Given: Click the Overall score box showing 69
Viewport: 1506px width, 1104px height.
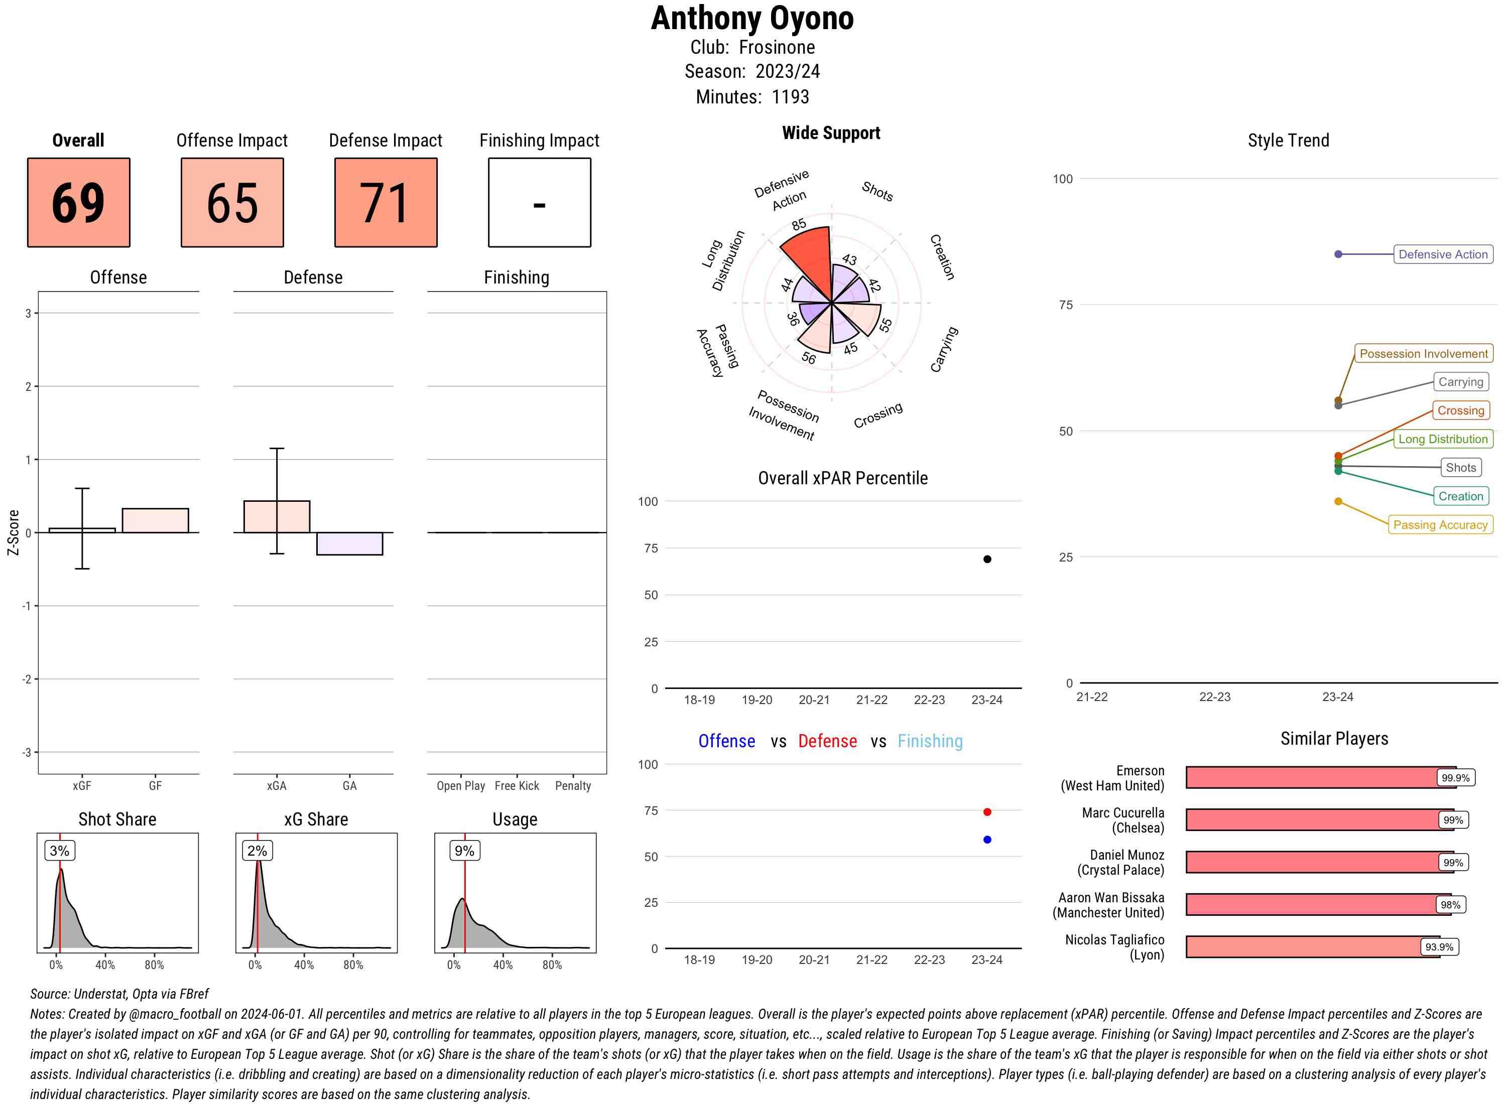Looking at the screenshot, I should [x=78, y=203].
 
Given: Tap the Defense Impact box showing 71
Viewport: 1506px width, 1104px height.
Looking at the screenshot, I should [x=386, y=203].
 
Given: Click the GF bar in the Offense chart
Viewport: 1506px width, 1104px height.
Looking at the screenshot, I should [x=155, y=520].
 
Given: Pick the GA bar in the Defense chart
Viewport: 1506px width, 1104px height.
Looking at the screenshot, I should [x=349, y=543].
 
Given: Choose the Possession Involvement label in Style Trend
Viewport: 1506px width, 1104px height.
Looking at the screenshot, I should [x=1423, y=353].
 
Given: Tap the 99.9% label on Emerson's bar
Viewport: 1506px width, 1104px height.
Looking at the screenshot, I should [x=1455, y=778].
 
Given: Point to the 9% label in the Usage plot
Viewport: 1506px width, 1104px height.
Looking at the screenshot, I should [x=464, y=851].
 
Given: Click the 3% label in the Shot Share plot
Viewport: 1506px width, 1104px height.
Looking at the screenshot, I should [x=60, y=851].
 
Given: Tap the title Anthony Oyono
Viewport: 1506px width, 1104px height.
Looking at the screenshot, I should [x=752, y=18].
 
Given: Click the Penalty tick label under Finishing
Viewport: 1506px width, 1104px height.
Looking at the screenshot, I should [x=573, y=786].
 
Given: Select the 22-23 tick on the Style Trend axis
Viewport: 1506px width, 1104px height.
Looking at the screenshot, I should [x=1214, y=697].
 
